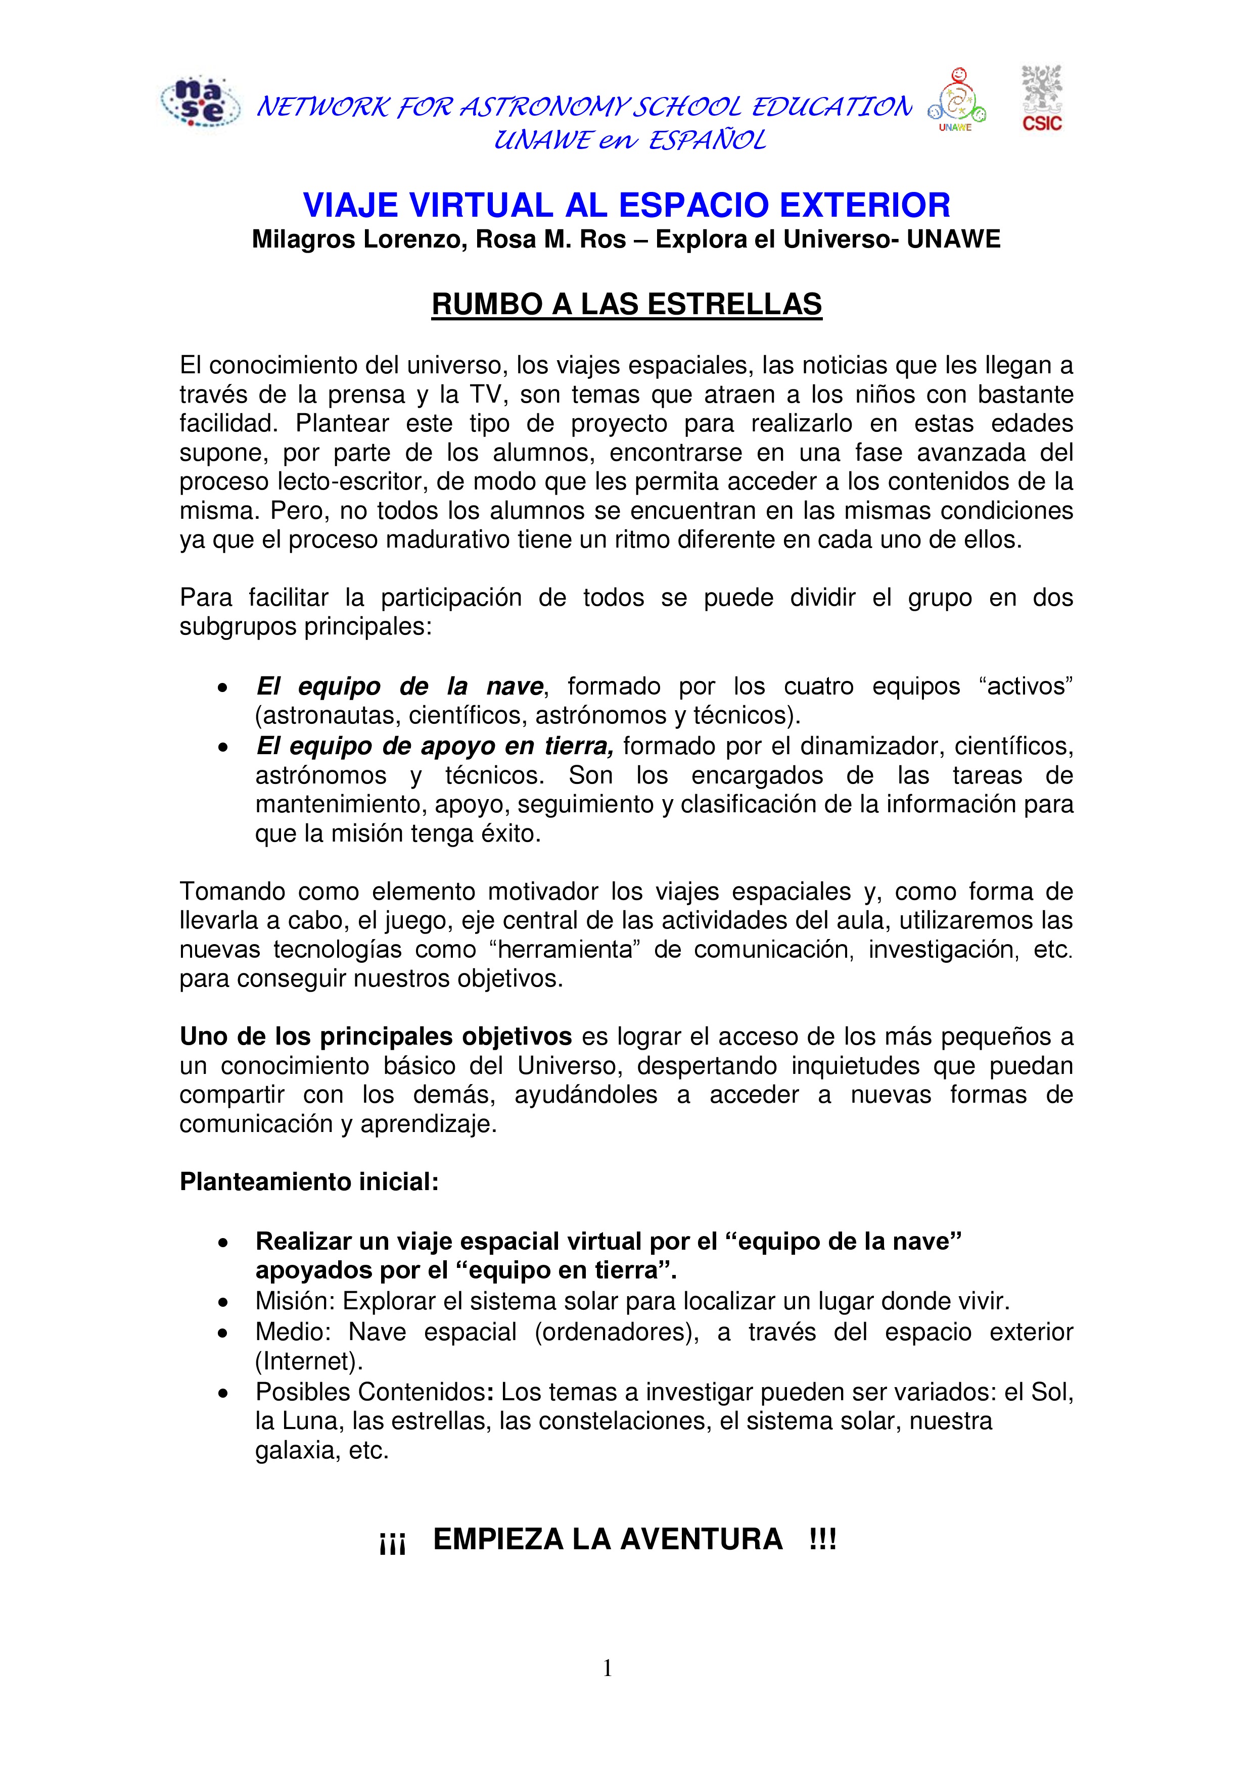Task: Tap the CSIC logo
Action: click(x=1042, y=98)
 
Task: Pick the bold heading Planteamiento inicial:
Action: click(x=309, y=1182)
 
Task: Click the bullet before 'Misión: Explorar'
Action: click(x=222, y=1303)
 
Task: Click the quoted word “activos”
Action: click(x=1030, y=686)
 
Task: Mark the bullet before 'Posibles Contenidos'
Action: click(x=222, y=1394)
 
